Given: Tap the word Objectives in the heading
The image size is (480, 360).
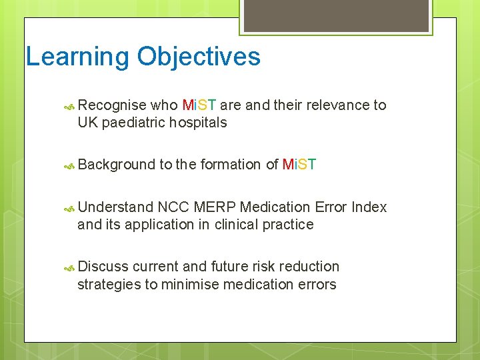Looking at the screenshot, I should coord(199,57).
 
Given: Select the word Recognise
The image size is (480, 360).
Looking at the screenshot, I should coord(112,105).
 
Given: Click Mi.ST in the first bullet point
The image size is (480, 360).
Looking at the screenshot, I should coord(199,105).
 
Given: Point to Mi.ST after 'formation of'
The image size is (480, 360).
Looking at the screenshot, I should coord(299,165).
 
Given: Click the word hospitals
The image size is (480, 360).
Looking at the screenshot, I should coord(198,123).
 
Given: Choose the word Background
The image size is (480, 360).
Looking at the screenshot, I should coord(116,165).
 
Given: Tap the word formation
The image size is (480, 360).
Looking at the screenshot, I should coord(230,165).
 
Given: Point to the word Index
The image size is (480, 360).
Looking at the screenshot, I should coord(369,207).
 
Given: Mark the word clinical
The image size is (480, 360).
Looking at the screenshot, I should coord(238,225).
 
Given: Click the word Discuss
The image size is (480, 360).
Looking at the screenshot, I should coord(103,267).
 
